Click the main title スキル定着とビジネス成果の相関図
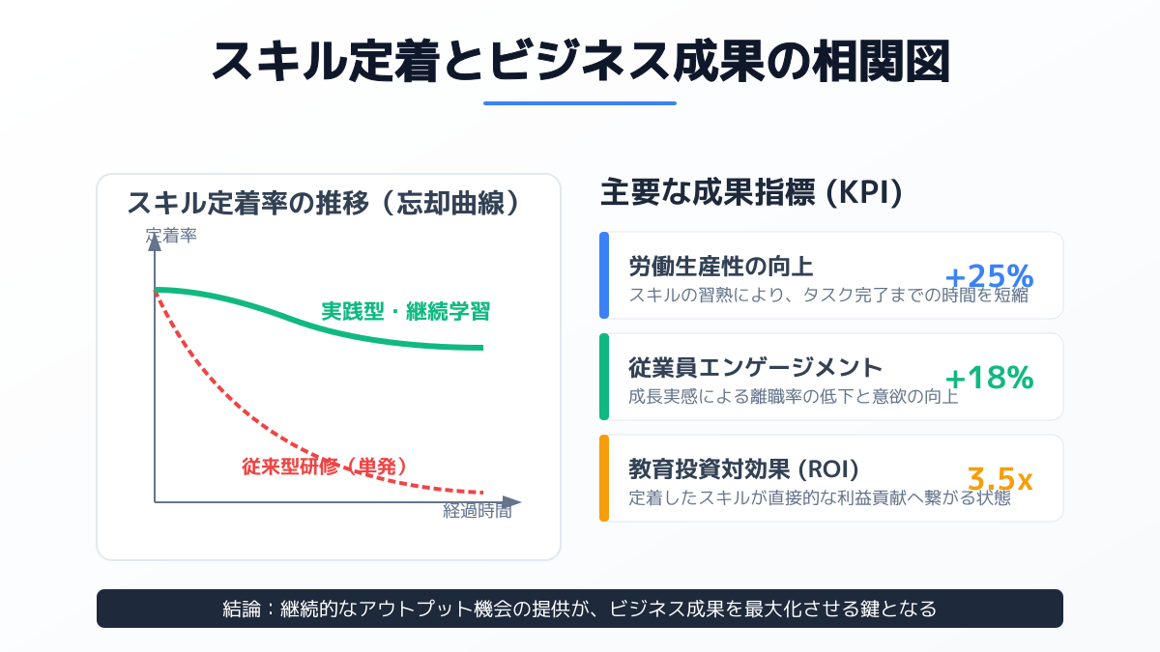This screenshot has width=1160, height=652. click(580, 61)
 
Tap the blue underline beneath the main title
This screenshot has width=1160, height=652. click(580, 102)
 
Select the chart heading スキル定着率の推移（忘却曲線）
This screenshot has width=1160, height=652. click(329, 204)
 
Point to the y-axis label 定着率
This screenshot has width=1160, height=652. click(171, 235)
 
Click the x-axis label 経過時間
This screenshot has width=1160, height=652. click(477, 512)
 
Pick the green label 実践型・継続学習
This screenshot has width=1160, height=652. click(406, 312)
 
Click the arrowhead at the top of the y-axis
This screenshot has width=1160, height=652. click(155, 241)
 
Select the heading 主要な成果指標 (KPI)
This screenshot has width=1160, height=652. click(751, 193)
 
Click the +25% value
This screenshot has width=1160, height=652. click(989, 276)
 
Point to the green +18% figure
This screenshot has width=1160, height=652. click(989, 378)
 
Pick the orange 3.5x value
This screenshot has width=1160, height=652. click(1000, 479)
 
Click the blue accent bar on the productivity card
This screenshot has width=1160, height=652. click(604, 275)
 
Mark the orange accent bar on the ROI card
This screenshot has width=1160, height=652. click(604, 478)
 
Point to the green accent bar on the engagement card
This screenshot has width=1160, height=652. click(604, 377)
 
